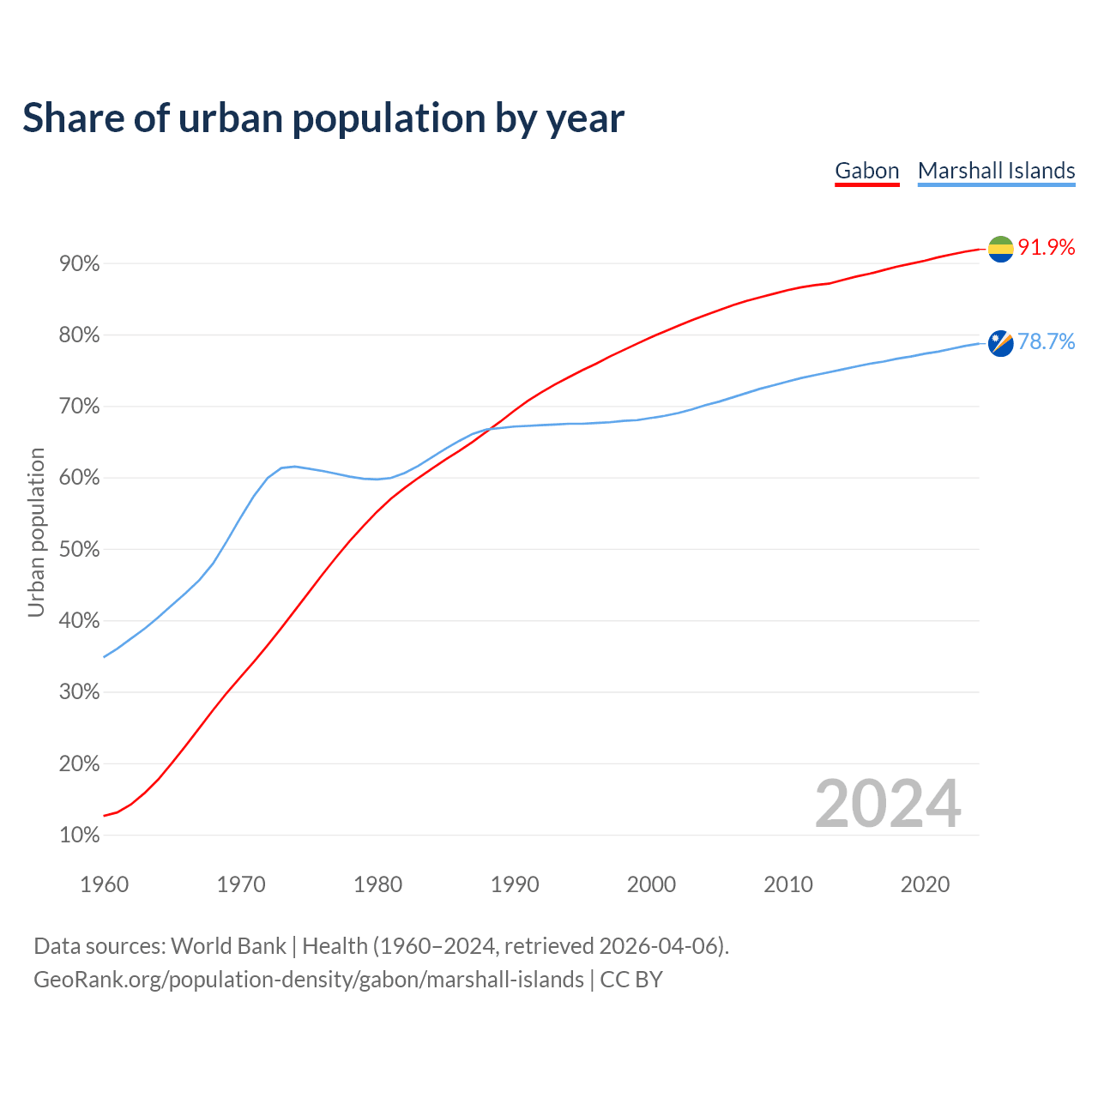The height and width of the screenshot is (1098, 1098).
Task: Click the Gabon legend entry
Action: (x=866, y=171)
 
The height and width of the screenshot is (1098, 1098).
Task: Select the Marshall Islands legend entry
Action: (x=996, y=171)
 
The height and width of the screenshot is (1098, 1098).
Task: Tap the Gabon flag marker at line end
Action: (x=1000, y=249)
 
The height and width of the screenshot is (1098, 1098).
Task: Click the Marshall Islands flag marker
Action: (x=1000, y=343)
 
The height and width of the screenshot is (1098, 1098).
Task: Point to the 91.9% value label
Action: (x=1046, y=248)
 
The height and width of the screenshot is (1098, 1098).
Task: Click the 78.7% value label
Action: (x=1046, y=342)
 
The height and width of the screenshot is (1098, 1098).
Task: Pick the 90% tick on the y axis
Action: (x=80, y=264)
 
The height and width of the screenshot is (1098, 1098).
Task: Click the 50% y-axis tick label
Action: (x=80, y=550)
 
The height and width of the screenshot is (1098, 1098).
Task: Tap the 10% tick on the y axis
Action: (x=80, y=836)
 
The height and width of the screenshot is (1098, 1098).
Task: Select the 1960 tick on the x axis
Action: (x=104, y=884)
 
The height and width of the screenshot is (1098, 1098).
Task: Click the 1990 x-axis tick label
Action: (x=515, y=884)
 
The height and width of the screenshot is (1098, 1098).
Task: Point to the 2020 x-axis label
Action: (x=925, y=884)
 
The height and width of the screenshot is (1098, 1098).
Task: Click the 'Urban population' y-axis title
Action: (x=36, y=532)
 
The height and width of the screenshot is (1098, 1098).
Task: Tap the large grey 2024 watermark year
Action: (x=888, y=804)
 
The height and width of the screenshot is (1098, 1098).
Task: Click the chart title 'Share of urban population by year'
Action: (x=323, y=118)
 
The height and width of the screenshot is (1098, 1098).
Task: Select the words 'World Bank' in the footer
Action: (x=228, y=946)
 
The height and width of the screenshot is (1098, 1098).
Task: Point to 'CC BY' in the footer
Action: (x=631, y=980)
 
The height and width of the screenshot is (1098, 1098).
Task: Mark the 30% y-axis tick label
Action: (x=80, y=692)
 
